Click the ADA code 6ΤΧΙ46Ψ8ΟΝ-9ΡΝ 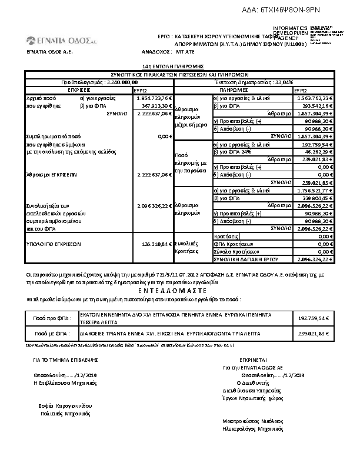[x=306, y=10]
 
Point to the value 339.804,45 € [x=318, y=198]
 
